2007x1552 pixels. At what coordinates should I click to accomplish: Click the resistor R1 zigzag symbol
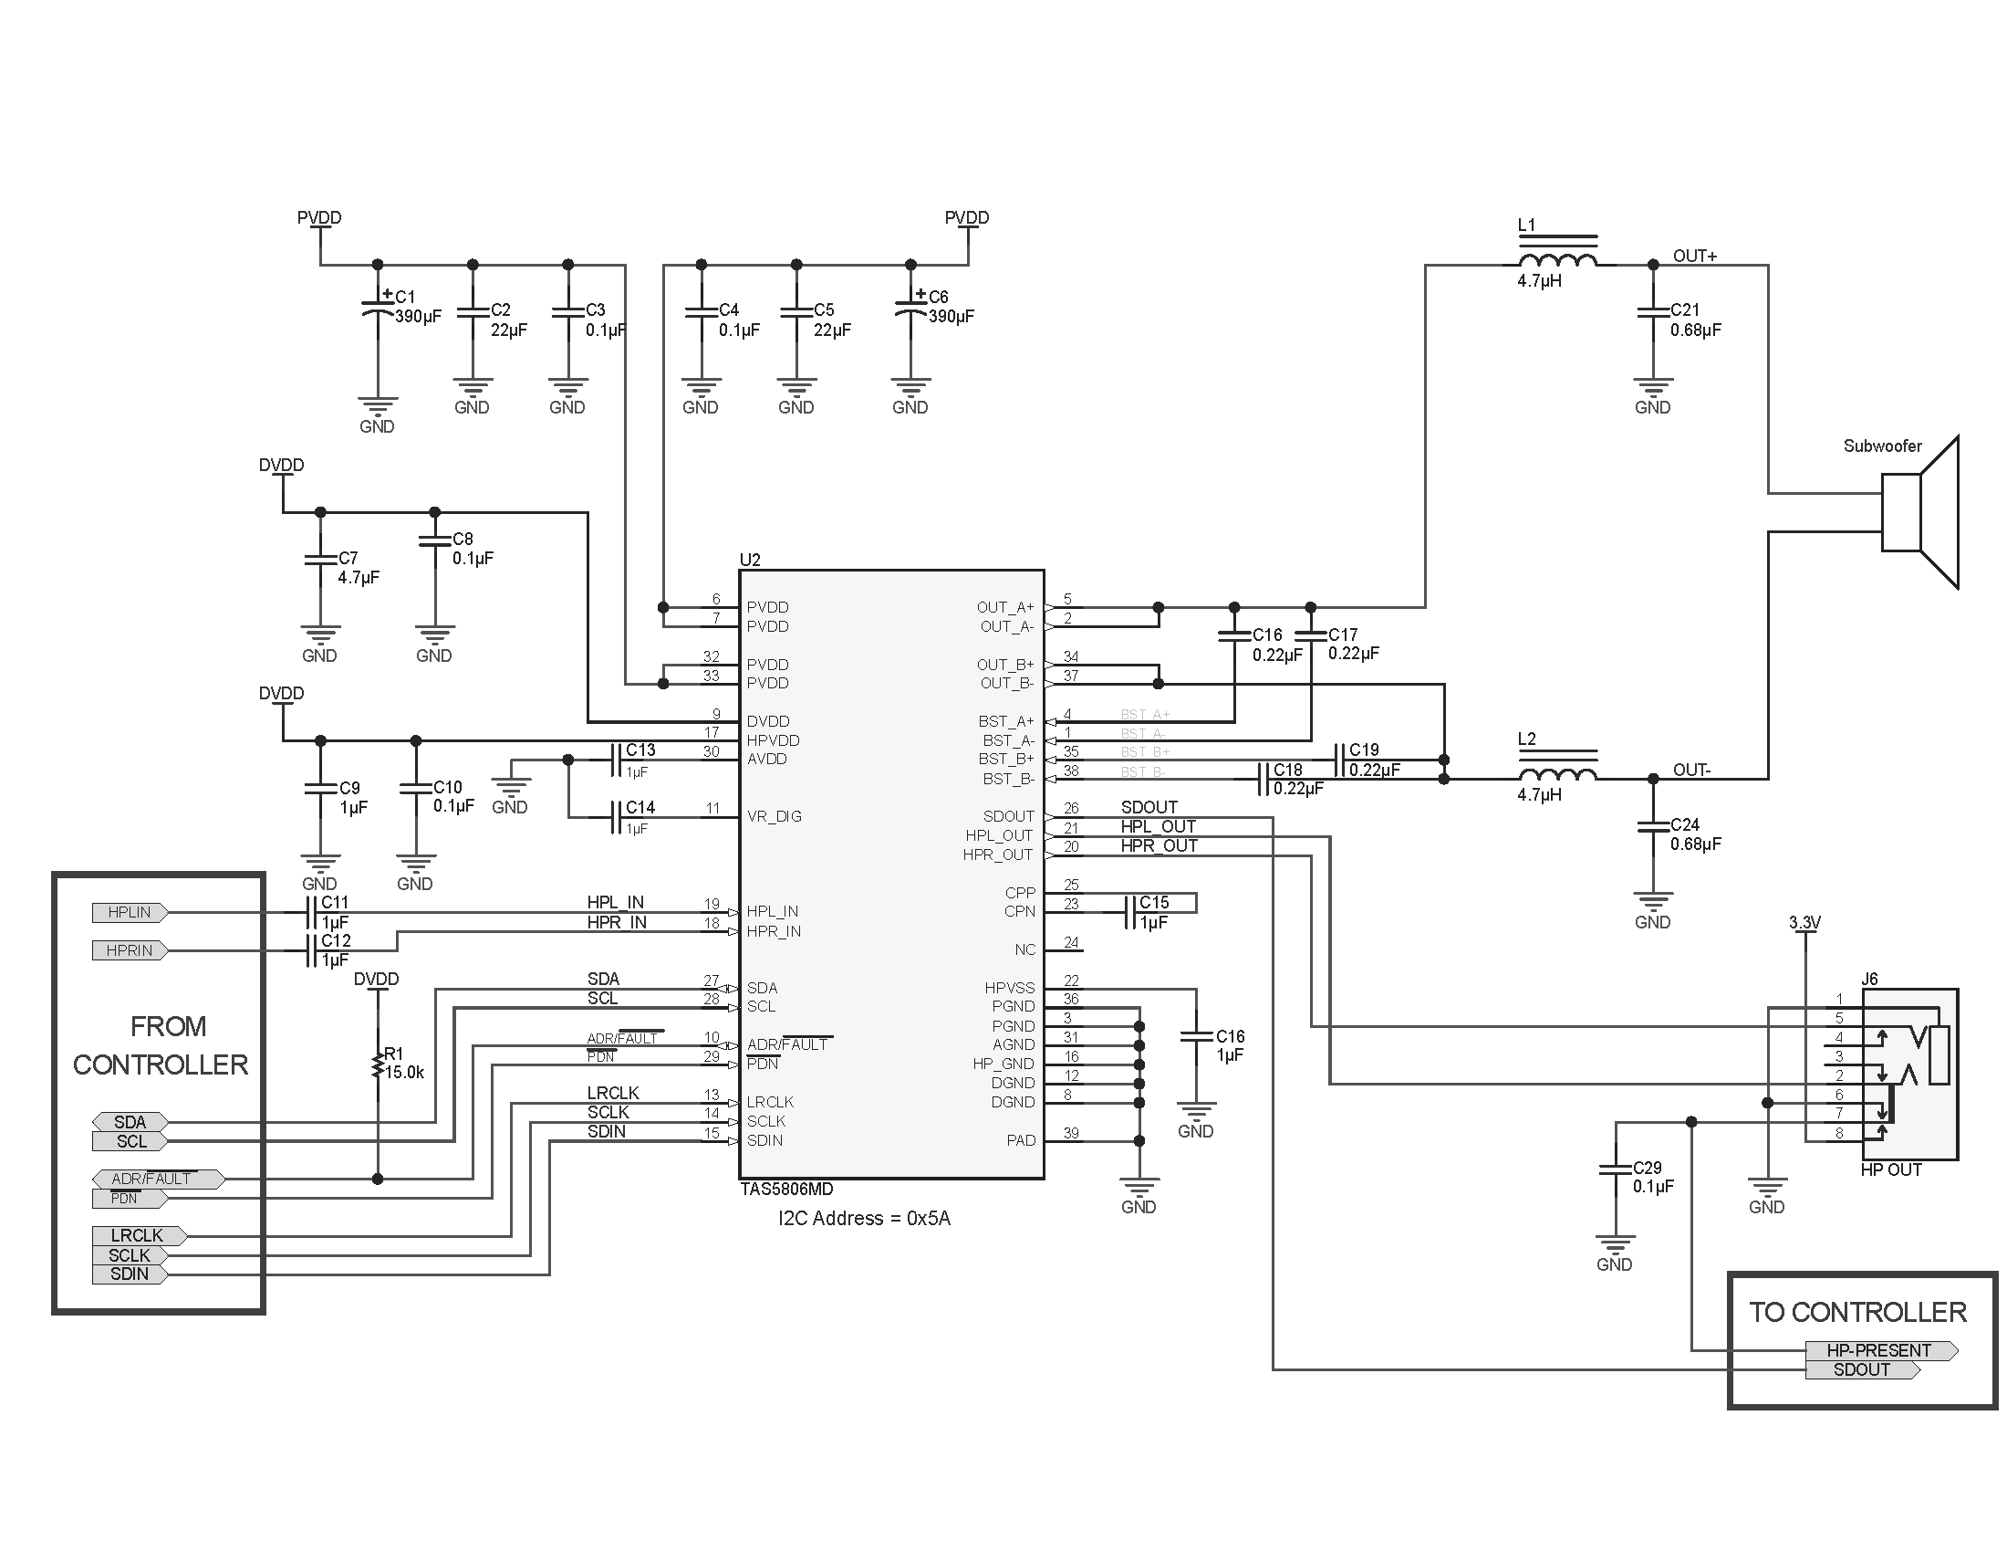click(x=377, y=1065)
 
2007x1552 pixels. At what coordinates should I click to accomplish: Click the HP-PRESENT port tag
click(x=1879, y=1350)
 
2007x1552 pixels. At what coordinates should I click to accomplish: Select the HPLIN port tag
click(x=130, y=912)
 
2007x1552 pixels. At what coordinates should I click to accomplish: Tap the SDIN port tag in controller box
click(x=130, y=1274)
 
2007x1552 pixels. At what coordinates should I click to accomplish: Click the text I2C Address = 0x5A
click(x=864, y=1218)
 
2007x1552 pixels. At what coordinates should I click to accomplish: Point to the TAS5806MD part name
click(x=786, y=1189)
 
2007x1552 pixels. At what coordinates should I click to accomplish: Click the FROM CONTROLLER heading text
click(x=161, y=1045)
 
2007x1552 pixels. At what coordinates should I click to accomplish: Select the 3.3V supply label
click(x=1804, y=922)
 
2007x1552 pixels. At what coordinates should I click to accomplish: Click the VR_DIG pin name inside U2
click(x=774, y=816)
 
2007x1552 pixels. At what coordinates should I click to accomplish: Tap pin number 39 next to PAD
click(x=1072, y=1133)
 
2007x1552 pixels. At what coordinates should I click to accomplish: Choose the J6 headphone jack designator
click(x=1869, y=980)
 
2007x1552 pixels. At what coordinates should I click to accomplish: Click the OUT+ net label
click(x=1695, y=256)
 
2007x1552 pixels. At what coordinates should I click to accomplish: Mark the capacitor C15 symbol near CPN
click(x=1130, y=912)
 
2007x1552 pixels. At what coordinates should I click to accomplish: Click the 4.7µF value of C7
click(x=359, y=577)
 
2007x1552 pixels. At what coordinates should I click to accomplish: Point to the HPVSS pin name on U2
click(x=1009, y=988)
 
